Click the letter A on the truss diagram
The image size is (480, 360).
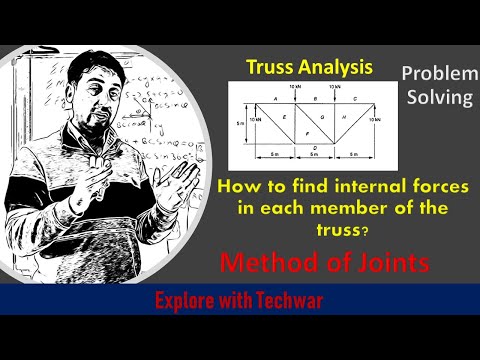(276, 100)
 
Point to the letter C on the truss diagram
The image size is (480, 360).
(356, 100)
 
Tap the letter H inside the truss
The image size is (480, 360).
(343, 118)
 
